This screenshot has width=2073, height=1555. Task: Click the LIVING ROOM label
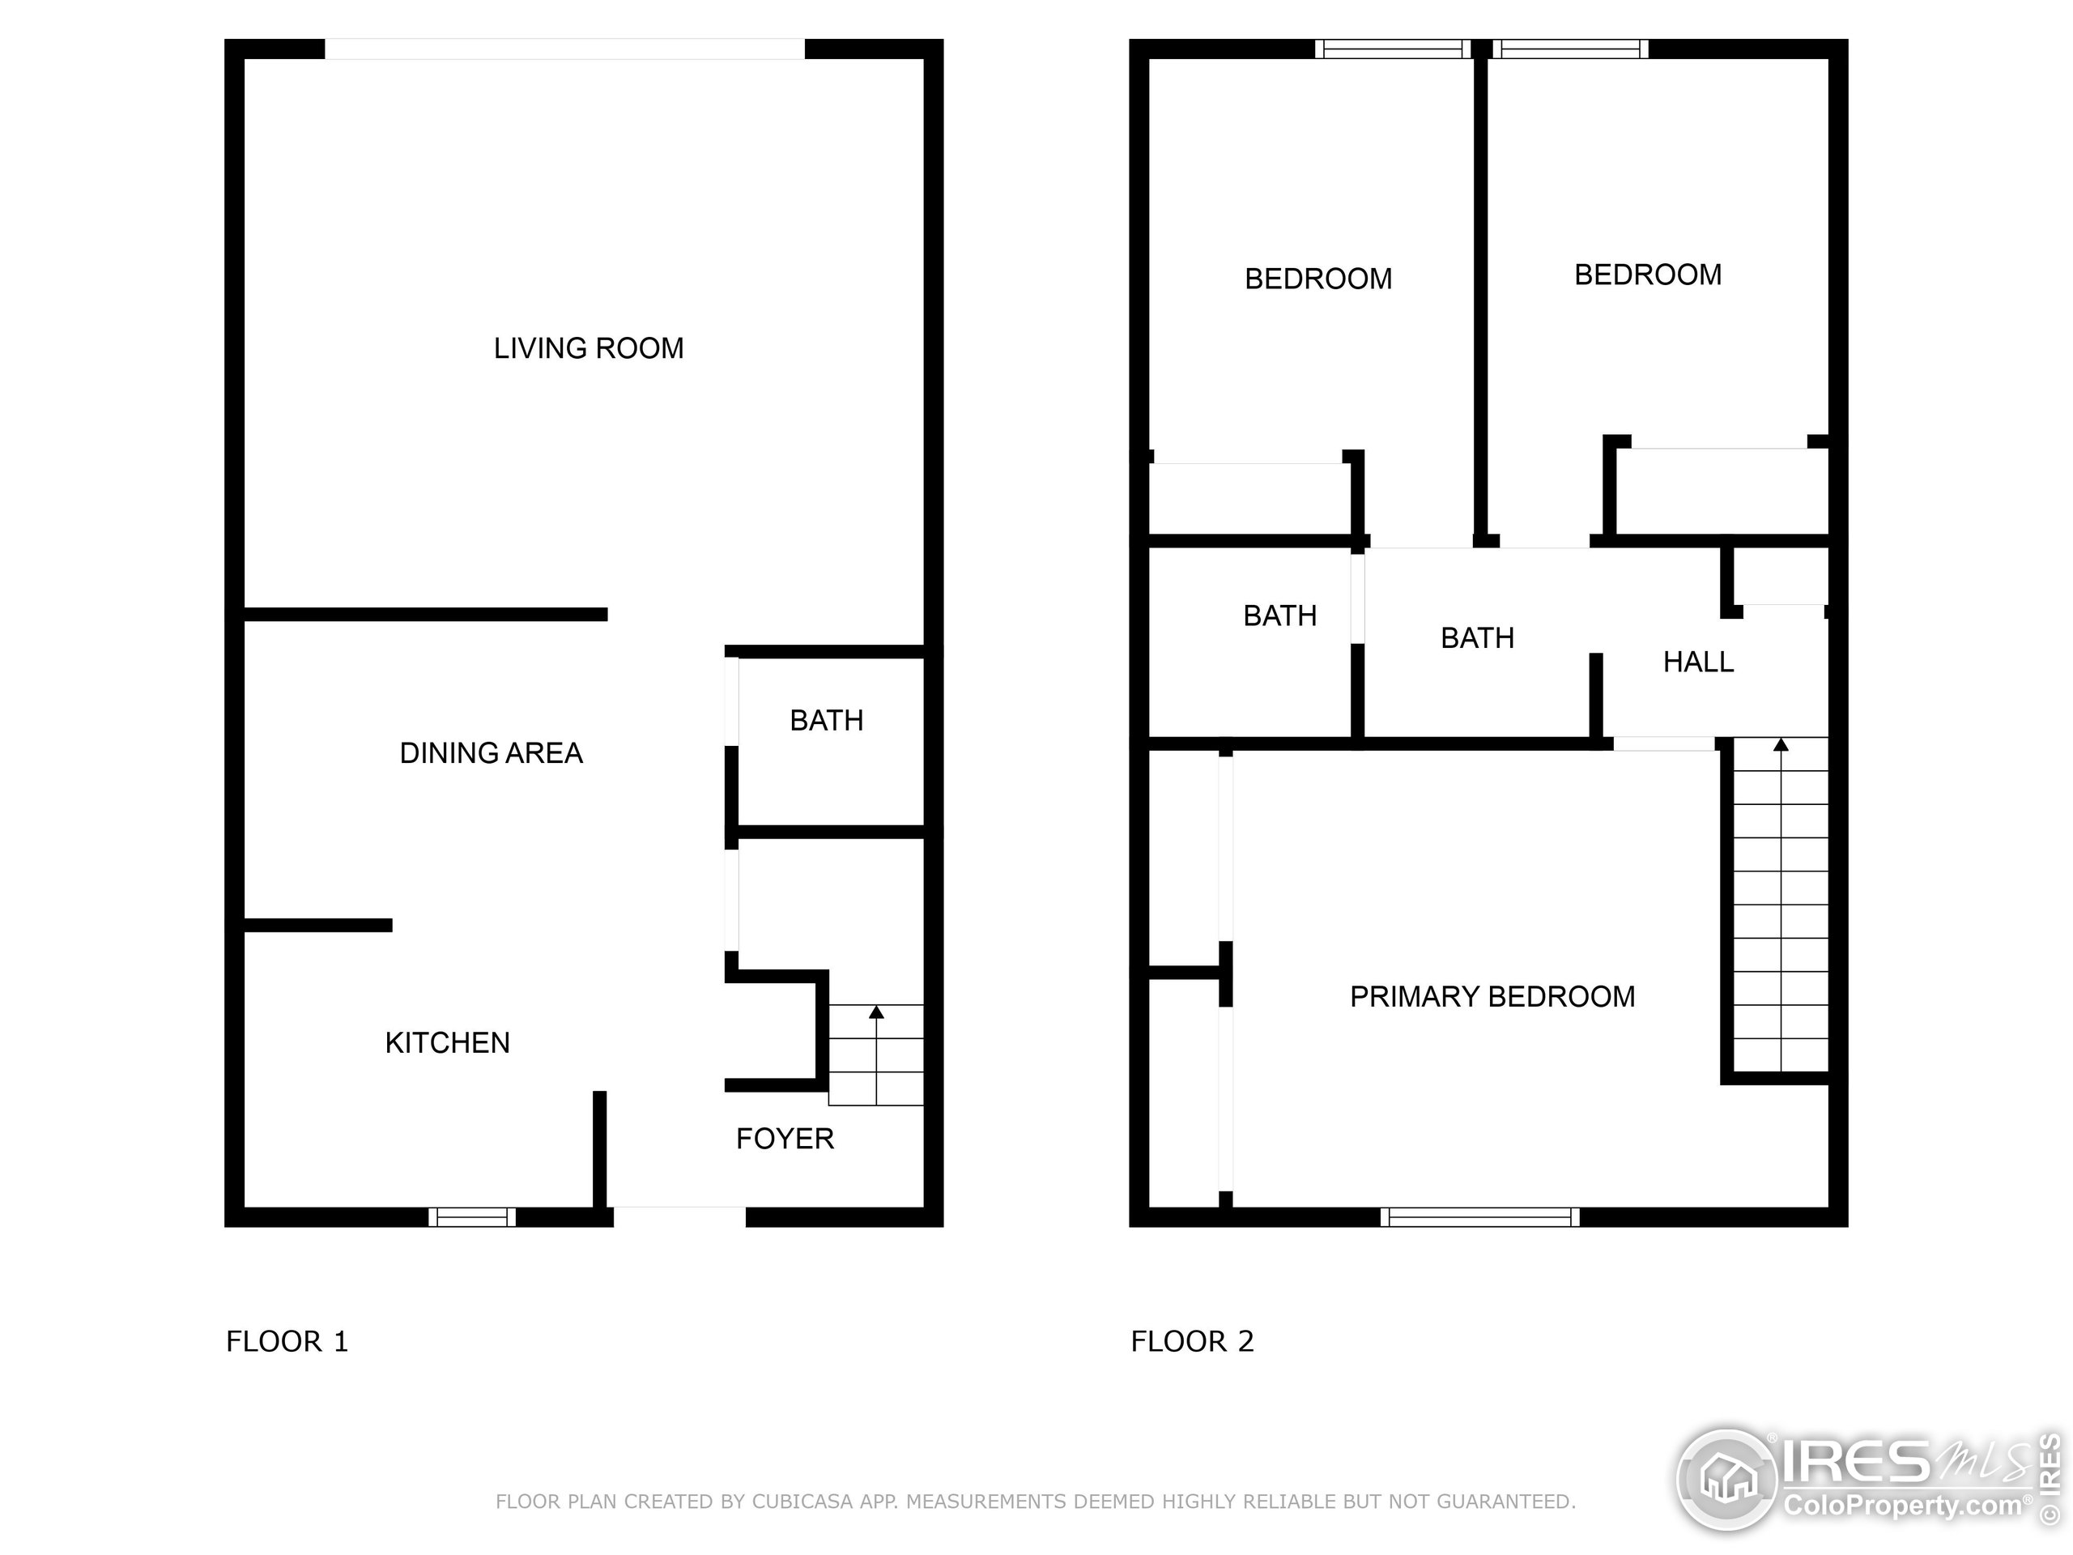(589, 349)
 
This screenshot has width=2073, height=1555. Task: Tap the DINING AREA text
(491, 752)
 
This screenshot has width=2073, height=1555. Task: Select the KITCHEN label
(447, 1042)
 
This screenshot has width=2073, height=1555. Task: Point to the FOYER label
(785, 1138)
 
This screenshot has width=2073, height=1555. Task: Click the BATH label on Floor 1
(826, 720)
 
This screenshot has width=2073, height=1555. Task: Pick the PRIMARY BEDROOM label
(1492, 996)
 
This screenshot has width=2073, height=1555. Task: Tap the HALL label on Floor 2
(1697, 662)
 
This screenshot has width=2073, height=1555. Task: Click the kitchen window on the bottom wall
(471, 1216)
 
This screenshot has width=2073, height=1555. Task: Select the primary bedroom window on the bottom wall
(1479, 1216)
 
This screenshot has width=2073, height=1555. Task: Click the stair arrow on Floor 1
(876, 1013)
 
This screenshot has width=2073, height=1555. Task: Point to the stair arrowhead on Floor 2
(1781, 745)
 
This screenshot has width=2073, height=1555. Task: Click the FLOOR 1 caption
(287, 1341)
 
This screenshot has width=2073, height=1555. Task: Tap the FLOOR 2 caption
(1192, 1341)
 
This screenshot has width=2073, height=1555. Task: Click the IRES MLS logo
(1865, 1482)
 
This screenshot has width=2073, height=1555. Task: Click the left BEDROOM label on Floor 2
(1317, 279)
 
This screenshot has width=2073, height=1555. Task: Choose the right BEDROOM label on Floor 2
(1648, 275)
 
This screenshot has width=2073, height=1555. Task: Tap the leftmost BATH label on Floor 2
(1279, 616)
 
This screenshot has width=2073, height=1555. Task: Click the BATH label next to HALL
(1477, 638)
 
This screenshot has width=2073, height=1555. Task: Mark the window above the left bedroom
(1393, 49)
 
